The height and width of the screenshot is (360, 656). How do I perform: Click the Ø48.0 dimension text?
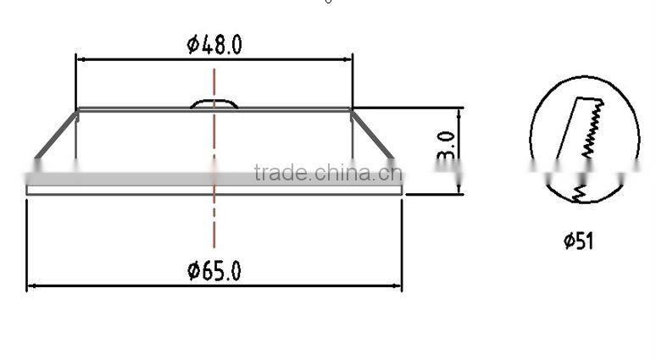pos(214,45)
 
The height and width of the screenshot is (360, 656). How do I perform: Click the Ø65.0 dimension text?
pos(214,271)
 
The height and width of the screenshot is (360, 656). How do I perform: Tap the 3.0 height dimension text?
pos(447,149)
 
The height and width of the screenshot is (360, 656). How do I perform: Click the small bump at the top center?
pos(215,103)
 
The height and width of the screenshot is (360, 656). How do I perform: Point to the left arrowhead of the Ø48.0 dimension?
pos(80,58)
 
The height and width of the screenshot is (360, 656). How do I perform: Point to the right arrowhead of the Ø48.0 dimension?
pos(348,58)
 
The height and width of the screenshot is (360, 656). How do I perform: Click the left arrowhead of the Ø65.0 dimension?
pos(31,286)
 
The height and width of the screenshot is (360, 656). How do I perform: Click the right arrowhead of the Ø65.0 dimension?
pos(397,286)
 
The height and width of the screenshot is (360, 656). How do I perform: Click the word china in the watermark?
pos(338,174)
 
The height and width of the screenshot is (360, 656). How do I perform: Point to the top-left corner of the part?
pos(77,108)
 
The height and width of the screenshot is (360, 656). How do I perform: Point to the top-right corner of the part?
pos(351,108)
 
